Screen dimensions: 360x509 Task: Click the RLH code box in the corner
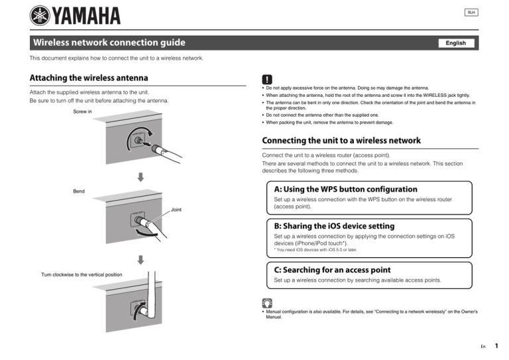[x=471, y=13]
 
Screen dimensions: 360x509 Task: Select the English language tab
[x=455, y=43]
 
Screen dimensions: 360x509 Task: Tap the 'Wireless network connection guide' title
[x=110, y=43]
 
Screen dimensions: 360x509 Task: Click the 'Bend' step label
[x=78, y=192]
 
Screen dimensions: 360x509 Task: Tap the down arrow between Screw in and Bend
[x=141, y=177]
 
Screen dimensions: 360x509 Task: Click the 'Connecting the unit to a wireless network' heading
[x=341, y=141]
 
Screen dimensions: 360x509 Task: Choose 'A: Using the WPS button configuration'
[x=345, y=189]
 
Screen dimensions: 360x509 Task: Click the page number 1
[x=496, y=345]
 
